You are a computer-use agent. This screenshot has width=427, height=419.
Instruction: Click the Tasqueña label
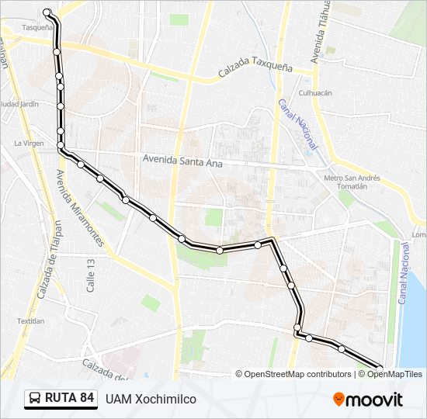[36, 27]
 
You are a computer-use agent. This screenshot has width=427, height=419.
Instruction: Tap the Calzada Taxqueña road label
[255, 70]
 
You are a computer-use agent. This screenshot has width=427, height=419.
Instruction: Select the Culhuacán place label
[315, 92]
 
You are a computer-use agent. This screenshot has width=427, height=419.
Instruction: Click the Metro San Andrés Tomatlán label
[352, 182]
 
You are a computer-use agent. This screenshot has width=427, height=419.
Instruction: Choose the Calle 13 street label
[91, 275]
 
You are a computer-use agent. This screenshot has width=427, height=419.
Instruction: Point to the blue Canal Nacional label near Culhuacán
[298, 123]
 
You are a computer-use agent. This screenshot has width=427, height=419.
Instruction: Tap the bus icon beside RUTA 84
[35, 399]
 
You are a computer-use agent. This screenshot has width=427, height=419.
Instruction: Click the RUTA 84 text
[70, 399]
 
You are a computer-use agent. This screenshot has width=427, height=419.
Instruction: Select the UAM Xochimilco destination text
[151, 399]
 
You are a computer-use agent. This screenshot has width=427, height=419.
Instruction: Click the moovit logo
[368, 400]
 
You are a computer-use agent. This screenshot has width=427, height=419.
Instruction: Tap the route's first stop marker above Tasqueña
[47, 12]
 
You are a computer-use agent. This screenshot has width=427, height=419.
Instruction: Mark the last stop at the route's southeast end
[380, 367]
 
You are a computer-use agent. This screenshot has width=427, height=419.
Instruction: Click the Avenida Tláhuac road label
[319, 35]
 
